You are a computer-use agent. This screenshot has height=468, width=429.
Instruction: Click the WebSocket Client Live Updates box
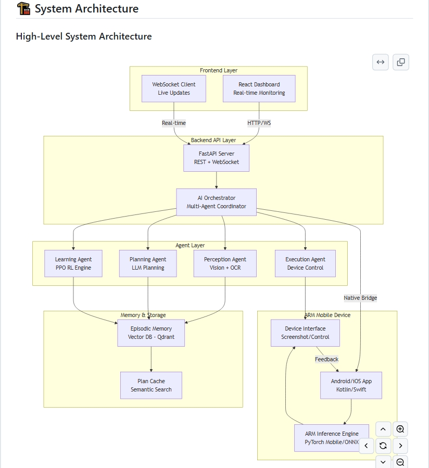[x=174, y=88]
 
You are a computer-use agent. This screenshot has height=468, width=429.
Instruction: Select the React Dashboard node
[x=259, y=88]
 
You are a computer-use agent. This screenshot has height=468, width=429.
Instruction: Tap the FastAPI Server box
[x=216, y=158]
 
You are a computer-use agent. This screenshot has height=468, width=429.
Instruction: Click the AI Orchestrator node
[x=216, y=202]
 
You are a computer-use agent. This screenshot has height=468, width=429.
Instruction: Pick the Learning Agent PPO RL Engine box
[x=73, y=263]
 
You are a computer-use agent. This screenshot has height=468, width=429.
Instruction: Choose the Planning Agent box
[x=148, y=263]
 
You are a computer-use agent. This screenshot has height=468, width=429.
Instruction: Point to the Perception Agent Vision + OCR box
[x=225, y=263]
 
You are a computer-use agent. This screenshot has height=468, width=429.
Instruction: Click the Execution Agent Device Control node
[x=305, y=263]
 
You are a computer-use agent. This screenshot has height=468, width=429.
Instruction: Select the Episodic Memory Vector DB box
[x=151, y=333]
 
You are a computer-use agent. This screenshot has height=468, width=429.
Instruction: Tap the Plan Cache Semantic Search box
[x=151, y=385]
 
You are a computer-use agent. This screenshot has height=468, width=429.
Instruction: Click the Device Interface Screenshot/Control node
[x=305, y=333]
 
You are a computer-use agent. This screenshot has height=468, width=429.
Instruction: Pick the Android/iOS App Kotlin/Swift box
[x=351, y=385]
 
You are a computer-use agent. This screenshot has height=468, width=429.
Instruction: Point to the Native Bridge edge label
[x=360, y=298]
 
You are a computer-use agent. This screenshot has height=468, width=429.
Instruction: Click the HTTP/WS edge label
[x=259, y=123]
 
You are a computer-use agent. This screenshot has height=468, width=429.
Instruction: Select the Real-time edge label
[x=174, y=123]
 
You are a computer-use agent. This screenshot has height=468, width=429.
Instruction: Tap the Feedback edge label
[x=326, y=359]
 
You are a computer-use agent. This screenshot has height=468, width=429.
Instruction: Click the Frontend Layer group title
[x=219, y=70]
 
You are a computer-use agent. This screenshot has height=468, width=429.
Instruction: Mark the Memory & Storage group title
[x=143, y=315]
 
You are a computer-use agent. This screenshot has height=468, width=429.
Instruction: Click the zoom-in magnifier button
[x=400, y=429]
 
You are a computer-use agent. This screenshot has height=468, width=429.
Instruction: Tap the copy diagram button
[x=400, y=62]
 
